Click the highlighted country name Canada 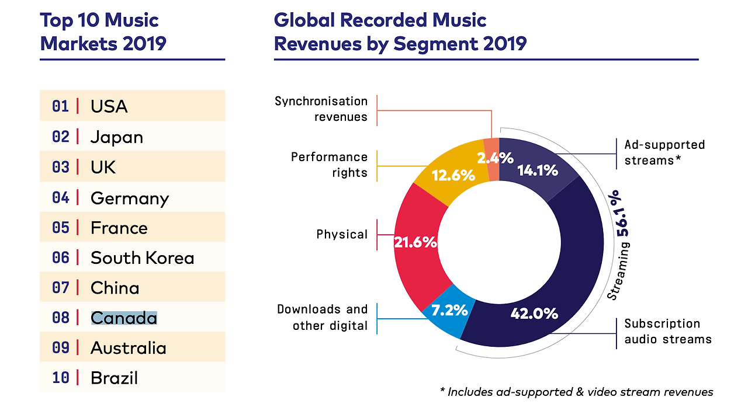124,318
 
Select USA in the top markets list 109,106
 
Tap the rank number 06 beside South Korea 60,257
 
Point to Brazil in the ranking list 114,378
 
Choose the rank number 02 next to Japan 60,137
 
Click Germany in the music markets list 130,198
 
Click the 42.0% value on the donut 534,314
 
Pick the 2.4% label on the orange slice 495,157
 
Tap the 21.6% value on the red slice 415,242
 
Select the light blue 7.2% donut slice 448,313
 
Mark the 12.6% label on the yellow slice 453,175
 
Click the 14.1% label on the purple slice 538,170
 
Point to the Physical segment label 342,235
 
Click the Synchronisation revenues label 321,109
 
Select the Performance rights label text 329,165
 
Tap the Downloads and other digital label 322,317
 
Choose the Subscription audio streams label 667,331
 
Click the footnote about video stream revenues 576,392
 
